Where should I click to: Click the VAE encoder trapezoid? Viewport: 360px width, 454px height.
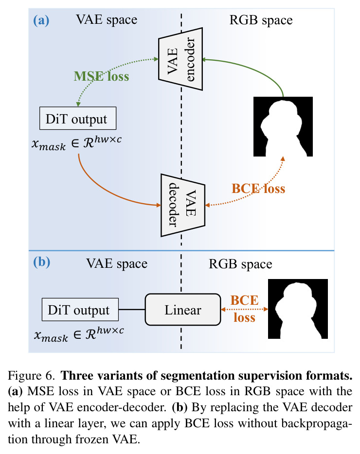180,59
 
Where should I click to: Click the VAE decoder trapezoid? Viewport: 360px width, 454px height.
183,205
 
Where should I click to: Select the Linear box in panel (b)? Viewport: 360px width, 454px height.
183,310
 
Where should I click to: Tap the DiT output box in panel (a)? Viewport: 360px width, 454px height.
78,118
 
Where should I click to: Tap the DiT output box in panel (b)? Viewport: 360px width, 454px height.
80,310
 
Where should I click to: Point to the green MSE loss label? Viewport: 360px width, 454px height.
102,76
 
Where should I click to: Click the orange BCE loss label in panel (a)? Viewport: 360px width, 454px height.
258,189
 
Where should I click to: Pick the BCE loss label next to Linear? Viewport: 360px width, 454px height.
245,309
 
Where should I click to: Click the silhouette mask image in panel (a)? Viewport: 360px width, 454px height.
283,126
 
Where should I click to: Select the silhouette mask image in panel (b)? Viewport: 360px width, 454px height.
298,309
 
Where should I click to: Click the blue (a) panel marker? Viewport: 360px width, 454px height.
41,20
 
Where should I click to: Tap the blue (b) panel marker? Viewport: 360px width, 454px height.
41,262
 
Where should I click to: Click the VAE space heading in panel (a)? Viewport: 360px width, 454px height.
107,20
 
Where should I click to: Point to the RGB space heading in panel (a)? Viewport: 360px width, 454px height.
261,20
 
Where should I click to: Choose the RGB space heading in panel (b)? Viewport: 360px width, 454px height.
240,264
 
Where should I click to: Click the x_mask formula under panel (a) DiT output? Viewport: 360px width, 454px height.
76,143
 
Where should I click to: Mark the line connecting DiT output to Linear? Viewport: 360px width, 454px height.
132,310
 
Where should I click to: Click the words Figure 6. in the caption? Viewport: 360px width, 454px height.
31,376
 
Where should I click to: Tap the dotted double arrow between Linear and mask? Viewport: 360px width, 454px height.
244,310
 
